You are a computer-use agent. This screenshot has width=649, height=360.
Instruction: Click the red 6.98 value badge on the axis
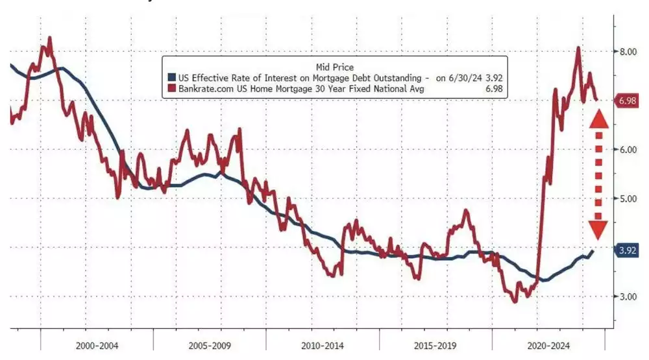point(628,101)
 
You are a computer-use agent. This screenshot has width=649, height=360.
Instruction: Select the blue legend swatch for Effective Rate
point(172,78)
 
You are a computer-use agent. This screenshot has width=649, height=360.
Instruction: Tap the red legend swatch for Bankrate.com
point(172,89)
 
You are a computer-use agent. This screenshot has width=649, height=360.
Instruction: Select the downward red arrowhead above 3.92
point(598,229)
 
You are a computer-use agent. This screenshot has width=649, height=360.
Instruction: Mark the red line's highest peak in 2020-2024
point(578,47)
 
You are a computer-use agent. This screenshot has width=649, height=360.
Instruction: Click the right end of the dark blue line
point(592,250)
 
